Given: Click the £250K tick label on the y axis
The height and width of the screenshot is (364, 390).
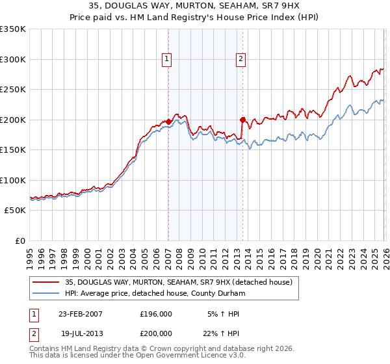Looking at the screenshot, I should (13, 89).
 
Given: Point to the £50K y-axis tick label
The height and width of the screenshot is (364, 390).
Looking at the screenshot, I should (15, 211).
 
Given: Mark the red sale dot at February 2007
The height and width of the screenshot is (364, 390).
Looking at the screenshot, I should (168, 122).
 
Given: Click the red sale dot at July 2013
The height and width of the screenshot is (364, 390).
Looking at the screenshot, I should (242, 120).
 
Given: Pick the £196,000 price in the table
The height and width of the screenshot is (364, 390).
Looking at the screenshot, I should (155, 314).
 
